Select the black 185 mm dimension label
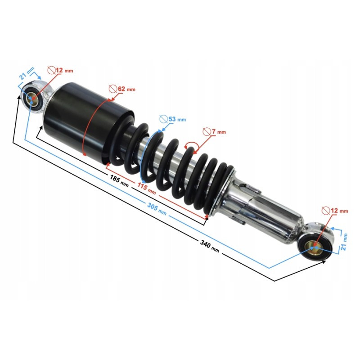point(119,180)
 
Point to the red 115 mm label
point(146,189)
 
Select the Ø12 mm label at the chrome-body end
point(335,211)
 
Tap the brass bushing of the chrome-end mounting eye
point(314,247)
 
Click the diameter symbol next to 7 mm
point(206,131)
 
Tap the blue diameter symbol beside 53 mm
point(163,119)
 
